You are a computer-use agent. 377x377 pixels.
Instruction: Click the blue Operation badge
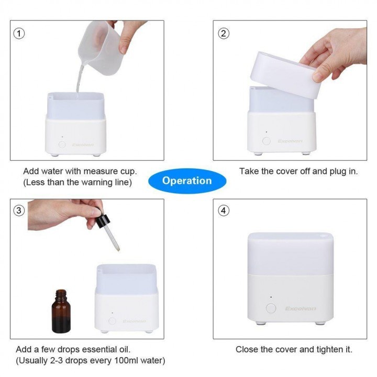click(187, 181)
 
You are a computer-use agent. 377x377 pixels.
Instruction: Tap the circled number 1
click(19, 34)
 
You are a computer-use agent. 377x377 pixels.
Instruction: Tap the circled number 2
click(224, 34)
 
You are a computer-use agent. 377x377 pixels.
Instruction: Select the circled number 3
click(19, 210)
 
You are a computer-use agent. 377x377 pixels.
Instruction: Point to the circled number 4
click(224, 210)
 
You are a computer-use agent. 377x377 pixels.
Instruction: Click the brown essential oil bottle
click(61, 312)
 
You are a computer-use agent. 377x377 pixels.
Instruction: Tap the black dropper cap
click(103, 220)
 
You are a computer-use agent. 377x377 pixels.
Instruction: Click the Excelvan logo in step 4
click(301, 308)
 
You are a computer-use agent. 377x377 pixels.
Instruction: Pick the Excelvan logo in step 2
click(290, 141)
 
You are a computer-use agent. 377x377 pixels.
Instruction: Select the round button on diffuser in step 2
click(267, 141)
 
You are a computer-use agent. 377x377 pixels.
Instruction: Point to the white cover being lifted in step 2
click(286, 75)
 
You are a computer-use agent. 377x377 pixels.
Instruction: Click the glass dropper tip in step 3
click(118, 249)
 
